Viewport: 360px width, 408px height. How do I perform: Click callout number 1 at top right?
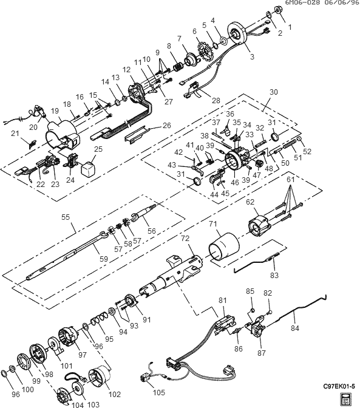tap(290, 27)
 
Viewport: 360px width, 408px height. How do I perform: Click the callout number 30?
tap(274, 92)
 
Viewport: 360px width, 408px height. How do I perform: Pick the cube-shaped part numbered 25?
tap(88, 168)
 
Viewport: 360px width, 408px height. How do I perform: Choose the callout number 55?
tap(66, 217)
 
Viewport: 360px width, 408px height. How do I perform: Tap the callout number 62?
tap(250, 202)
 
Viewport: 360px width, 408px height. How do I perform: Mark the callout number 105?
tap(159, 392)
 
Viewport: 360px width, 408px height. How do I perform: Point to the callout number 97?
tap(82, 355)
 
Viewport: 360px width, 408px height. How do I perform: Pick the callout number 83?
tap(274, 275)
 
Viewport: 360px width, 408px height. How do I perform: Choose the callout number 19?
tap(55, 111)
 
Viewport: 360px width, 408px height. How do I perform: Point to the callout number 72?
tap(185, 239)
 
